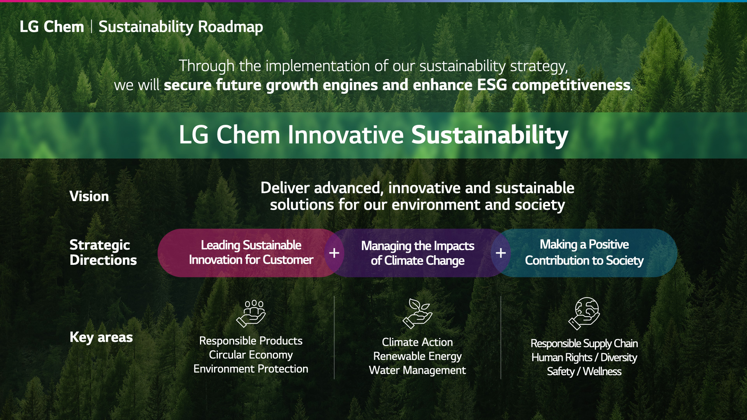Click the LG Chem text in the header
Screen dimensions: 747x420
[52, 26]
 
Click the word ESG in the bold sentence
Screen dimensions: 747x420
[492, 85]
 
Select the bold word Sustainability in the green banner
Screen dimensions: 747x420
[490, 135]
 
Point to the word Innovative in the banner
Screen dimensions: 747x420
[346, 135]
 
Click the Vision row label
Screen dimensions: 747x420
[89, 196]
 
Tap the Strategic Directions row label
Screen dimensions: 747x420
[103, 252]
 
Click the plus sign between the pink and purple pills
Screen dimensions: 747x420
[334, 253]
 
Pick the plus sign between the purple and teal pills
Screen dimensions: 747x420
[501, 253]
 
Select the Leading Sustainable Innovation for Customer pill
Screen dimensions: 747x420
[249, 253]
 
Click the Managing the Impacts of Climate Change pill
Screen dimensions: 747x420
[417, 253]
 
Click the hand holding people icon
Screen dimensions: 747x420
[251, 313]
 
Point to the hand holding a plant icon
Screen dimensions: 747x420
[417, 313]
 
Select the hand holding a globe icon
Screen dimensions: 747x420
[584, 313]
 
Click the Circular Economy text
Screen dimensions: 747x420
[251, 355]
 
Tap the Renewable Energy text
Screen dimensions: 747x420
[417, 357]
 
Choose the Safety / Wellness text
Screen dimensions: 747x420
[584, 372]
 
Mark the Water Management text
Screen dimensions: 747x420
[417, 371]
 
